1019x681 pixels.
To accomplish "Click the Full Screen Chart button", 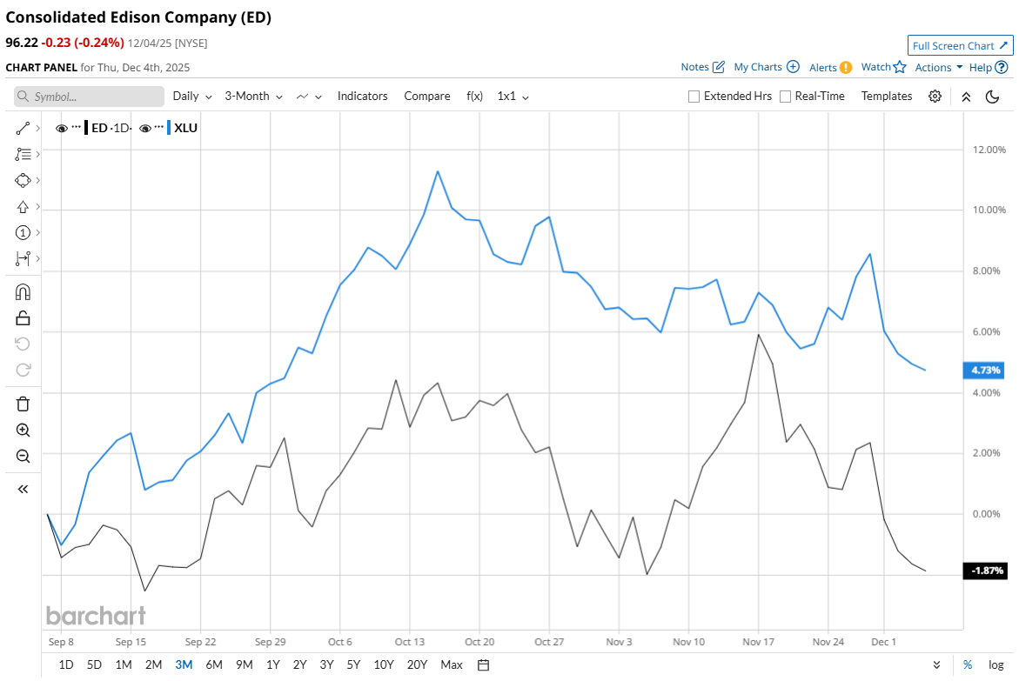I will point(960,45).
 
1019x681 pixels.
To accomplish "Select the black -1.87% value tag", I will point(984,571).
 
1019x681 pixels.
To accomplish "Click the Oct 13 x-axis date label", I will point(410,642).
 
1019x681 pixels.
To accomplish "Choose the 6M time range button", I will point(214,664).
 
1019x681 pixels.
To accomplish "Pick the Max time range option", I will point(452,664).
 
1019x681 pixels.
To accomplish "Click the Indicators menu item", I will point(362,97).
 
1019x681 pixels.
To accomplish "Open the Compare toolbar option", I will point(427,97).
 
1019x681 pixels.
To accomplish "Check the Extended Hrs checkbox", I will point(694,97).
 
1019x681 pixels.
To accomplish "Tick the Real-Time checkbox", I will point(786,97).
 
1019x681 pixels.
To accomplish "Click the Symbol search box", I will point(89,97).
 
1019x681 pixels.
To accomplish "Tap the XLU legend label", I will point(185,128).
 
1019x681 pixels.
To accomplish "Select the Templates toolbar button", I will point(887,97).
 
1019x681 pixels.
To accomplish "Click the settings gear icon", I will point(935,97).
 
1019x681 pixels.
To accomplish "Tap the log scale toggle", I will point(996,664).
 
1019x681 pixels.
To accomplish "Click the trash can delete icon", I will point(23,404).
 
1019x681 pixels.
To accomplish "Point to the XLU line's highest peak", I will point(438,171).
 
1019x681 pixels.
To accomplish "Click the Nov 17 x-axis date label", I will point(758,642).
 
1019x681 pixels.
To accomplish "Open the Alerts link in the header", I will point(829,67).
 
